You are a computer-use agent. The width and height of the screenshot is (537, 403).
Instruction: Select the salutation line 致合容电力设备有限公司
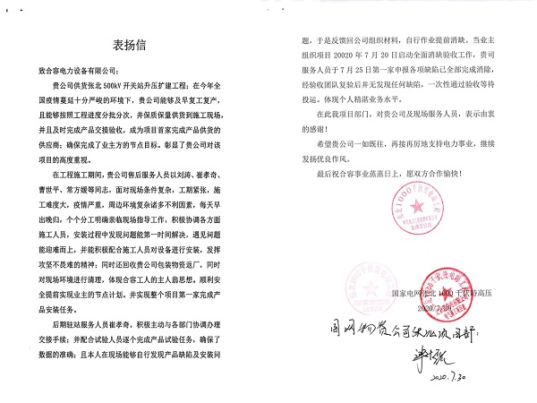(87, 68)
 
